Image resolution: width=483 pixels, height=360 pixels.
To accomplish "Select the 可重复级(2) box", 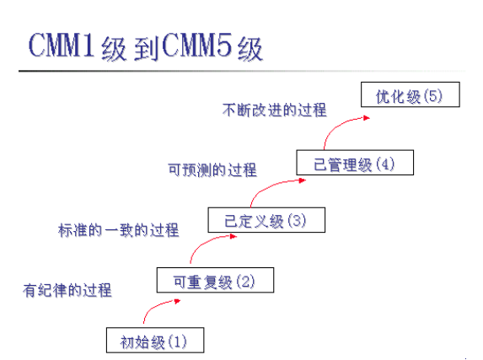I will click(x=216, y=281).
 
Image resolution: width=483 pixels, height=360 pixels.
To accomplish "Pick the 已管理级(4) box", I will click(x=355, y=163).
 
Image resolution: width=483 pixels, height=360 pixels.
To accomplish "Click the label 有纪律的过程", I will click(x=67, y=289).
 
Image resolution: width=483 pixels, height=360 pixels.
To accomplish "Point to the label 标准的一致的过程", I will click(x=118, y=229).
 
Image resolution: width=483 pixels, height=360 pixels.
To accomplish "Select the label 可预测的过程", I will click(x=212, y=170).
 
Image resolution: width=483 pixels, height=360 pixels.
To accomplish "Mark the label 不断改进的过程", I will click(x=275, y=110).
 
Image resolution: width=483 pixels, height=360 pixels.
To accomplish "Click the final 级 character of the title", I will click(x=250, y=48).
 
